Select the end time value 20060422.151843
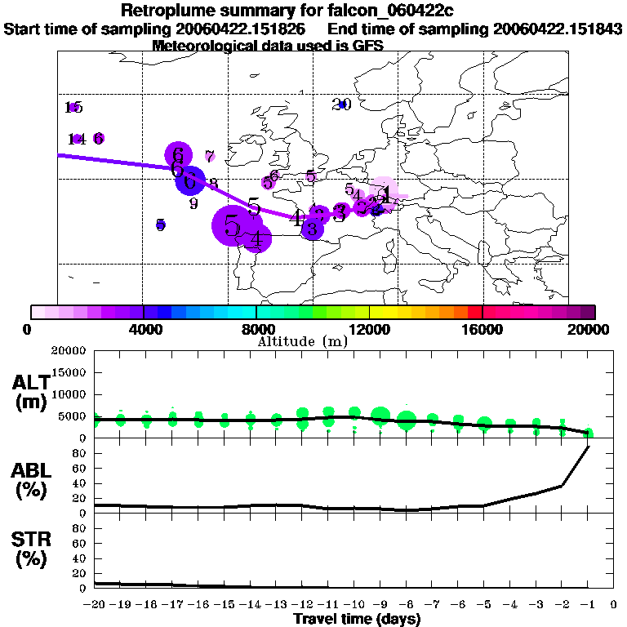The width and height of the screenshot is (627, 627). click(558, 29)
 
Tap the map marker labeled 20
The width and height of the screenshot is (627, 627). click(342, 104)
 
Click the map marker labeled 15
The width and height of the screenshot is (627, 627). click(73, 107)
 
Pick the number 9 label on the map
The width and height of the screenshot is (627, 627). click(193, 203)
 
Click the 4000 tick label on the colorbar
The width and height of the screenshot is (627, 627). click(143, 330)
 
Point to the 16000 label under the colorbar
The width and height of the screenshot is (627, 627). click(483, 330)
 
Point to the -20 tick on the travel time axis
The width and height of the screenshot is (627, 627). click(94, 605)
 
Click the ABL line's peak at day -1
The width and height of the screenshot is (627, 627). click(588, 447)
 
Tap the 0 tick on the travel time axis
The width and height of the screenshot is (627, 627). click(614, 605)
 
